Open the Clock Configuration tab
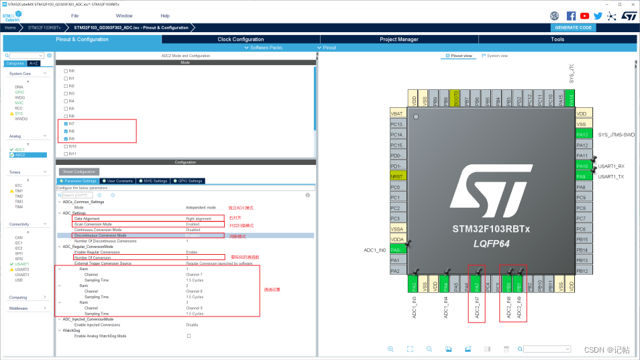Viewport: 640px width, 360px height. point(240,40)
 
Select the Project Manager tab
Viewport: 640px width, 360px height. point(398,40)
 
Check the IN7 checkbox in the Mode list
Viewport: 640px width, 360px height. point(66,124)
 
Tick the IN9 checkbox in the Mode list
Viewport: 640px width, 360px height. point(66,139)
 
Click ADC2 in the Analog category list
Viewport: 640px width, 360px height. point(20,155)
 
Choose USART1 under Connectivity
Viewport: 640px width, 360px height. point(22,264)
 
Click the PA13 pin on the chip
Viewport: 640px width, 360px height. point(581,135)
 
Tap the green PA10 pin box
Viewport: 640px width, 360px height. point(581,166)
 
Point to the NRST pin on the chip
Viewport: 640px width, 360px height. point(397,176)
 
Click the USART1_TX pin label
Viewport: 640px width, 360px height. point(611,176)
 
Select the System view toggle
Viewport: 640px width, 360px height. point(496,56)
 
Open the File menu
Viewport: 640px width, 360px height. point(74,15)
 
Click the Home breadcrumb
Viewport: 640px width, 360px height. point(10,27)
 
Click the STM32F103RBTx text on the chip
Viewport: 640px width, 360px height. point(492,229)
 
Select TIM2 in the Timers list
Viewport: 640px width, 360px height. point(19,196)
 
